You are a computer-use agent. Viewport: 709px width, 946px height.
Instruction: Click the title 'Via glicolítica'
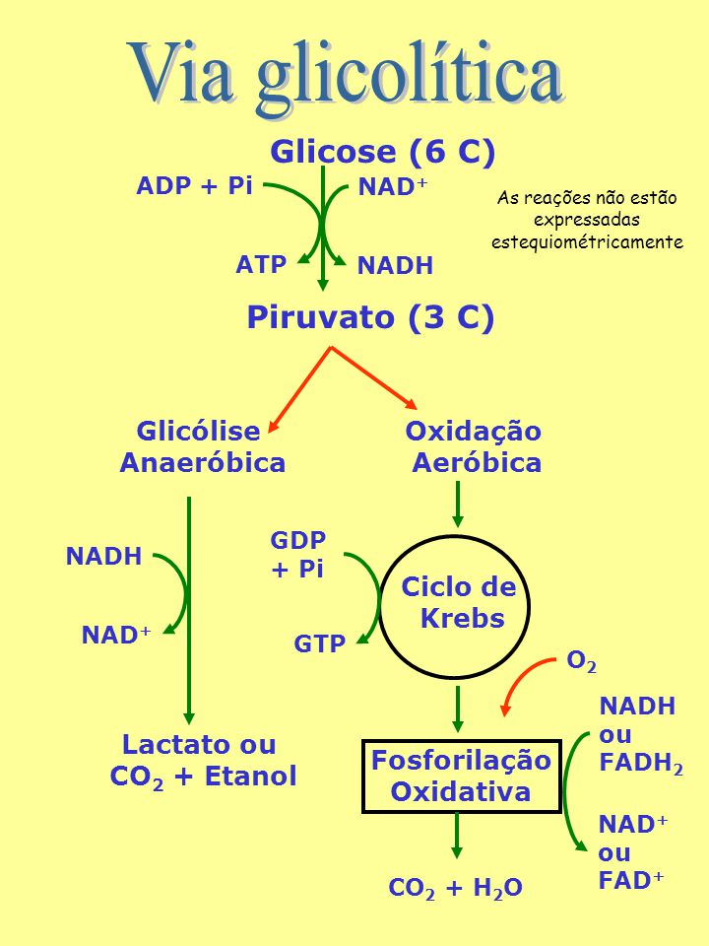click(x=345, y=76)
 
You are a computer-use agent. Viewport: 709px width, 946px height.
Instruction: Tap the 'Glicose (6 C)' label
click(x=382, y=152)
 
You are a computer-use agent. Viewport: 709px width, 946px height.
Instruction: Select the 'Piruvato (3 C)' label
click(x=370, y=317)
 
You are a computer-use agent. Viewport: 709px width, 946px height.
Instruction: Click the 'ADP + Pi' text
click(x=194, y=185)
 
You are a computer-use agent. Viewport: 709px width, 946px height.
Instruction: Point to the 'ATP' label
click(x=260, y=264)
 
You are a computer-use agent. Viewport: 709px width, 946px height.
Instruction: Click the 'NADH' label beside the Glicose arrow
click(x=395, y=265)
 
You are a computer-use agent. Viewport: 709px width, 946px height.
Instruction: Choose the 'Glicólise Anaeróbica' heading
click(x=203, y=447)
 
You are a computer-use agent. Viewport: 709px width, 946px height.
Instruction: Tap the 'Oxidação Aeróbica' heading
click(x=474, y=447)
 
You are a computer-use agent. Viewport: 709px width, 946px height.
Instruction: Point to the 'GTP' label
click(x=319, y=643)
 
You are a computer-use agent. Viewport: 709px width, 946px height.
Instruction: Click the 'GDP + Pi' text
click(x=298, y=554)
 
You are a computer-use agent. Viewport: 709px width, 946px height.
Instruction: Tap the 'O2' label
click(x=581, y=662)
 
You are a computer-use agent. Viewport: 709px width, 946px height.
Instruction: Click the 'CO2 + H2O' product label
click(x=455, y=888)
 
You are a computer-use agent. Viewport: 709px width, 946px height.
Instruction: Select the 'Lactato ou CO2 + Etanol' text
click(x=203, y=760)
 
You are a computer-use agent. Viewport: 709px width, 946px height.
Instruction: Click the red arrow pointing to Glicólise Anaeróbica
click(x=299, y=389)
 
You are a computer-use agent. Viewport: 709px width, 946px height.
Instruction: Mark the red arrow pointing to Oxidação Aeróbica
click(x=374, y=377)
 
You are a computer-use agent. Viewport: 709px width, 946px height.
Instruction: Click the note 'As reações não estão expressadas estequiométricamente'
click(x=587, y=220)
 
